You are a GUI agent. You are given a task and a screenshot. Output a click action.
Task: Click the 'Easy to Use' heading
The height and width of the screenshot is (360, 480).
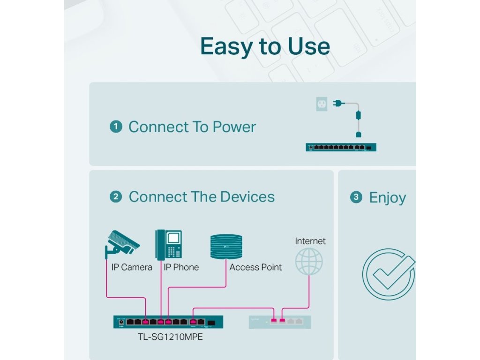point(265,46)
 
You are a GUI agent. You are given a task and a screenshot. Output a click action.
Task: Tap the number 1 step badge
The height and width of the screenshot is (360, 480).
point(116,127)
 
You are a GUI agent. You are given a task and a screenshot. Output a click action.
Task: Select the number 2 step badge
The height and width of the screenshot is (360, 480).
point(116,197)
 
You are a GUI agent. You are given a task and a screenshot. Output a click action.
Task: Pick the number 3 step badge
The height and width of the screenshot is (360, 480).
point(356,197)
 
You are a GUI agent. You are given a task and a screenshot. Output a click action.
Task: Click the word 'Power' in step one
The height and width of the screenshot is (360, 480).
point(234,127)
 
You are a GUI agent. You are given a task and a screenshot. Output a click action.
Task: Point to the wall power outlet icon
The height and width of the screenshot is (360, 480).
point(322,104)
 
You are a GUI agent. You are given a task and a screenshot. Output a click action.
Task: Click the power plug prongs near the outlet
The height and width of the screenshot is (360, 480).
point(336,103)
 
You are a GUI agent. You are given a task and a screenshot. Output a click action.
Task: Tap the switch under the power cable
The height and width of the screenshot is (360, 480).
point(341,147)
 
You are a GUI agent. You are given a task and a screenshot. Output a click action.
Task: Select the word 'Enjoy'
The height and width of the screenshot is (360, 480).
point(388,198)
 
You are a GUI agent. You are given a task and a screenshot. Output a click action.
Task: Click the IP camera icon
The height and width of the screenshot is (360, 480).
point(122,243)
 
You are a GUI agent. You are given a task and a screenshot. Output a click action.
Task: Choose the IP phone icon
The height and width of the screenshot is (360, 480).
point(169,244)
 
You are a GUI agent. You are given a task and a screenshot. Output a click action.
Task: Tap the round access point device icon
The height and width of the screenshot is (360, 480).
point(226,246)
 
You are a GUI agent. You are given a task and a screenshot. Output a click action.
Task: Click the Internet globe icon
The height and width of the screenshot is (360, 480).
point(309,261)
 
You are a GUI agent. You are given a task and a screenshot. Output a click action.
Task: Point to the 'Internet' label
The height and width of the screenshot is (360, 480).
point(310,241)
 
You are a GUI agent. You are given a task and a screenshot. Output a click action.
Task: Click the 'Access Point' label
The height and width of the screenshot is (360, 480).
point(255,267)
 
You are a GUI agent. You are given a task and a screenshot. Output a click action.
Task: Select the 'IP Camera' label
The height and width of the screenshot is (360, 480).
point(132,267)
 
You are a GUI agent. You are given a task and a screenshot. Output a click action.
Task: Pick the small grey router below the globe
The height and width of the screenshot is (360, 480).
point(280,322)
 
